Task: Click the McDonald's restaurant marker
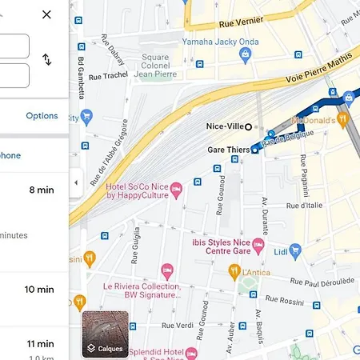[x=342, y=119]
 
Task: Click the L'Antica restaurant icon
[x=234, y=270]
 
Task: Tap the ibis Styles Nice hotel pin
[x=258, y=243]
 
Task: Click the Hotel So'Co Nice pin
[x=178, y=190]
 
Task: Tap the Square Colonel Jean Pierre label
[x=155, y=65]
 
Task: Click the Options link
[x=42, y=115]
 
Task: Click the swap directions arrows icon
[x=46, y=59]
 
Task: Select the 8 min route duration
[x=41, y=190]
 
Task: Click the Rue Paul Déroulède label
[x=322, y=282]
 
